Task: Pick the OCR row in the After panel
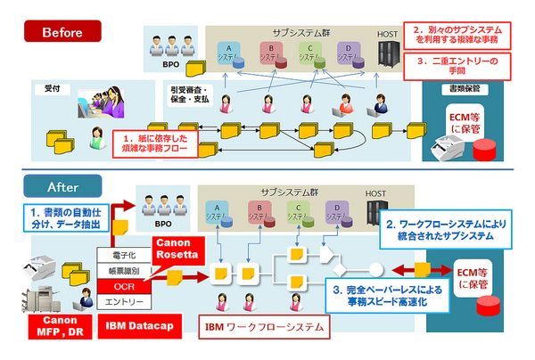coord(124,286)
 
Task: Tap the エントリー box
coord(124,302)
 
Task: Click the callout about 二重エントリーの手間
coord(463,66)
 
